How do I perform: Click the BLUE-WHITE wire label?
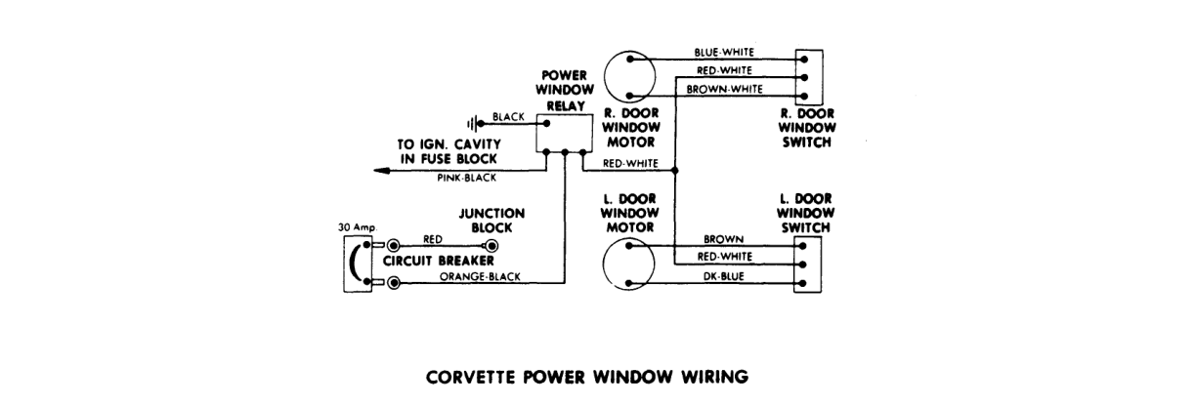pos(724,53)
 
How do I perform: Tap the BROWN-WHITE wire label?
pos(725,89)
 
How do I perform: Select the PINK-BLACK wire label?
pos(467,178)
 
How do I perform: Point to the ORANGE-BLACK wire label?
pos(480,276)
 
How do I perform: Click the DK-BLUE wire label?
pos(723,276)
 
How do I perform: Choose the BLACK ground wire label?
pos(508,117)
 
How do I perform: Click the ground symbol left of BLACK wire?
pos(471,124)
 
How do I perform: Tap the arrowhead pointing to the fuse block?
pos(381,171)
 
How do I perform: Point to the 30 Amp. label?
pos(358,227)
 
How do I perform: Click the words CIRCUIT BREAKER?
pos(439,261)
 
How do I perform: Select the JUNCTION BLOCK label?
pos(491,221)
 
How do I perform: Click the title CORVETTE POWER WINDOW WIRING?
pos(587,377)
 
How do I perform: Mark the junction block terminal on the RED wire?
pos(491,246)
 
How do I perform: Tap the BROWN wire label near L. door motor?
pos(723,239)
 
